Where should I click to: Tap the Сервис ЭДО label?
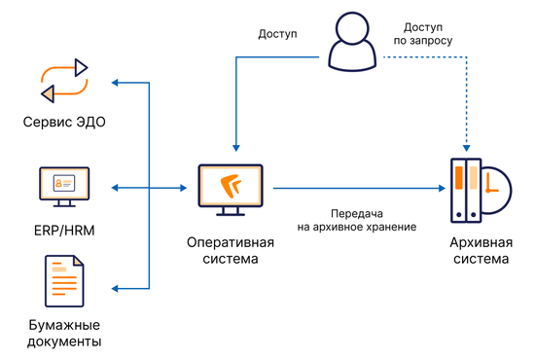(63, 123)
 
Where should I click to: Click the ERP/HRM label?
(63, 231)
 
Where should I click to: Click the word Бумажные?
(63, 324)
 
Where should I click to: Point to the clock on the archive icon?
(493, 188)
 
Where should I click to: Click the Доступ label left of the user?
(276, 34)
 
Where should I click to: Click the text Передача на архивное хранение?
(357, 219)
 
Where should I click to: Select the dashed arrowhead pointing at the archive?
(466, 149)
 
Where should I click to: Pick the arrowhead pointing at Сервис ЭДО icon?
(117, 84)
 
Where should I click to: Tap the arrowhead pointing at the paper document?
(117, 288)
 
